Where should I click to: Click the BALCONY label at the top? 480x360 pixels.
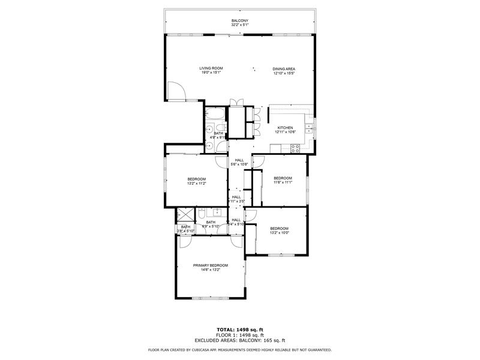click(x=240, y=21)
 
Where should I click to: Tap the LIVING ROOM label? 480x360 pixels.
click(x=211, y=68)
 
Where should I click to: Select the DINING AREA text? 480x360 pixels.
click(x=284, y=69)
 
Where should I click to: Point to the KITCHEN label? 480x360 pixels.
click(x=284, y=127)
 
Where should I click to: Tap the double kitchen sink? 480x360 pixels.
click(x=308, y=127)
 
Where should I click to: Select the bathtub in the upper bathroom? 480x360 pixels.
click(x=214, y=113)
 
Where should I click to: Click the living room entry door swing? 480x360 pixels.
click(x=176, y=91)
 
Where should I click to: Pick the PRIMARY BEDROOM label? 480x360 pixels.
click(x=210, y=265)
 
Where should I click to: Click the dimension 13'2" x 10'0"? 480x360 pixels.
click(x=279, y=233)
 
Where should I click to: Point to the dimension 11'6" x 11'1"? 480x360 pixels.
click(x=283, y=182)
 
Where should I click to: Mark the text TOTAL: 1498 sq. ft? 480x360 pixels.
click(x=240, y=329)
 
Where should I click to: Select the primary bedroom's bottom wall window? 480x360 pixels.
click(x=210, y=298)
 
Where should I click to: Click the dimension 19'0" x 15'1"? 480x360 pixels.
click(x=211, y=73)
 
